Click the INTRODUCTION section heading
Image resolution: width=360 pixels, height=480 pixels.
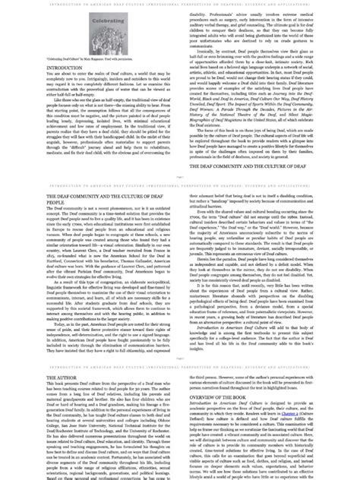click(65, 68)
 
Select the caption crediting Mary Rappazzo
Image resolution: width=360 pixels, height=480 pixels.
click(84, 58)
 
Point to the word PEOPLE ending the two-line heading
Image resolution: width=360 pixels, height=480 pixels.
click(58, 204)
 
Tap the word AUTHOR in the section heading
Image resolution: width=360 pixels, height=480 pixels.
click(68, 397)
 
